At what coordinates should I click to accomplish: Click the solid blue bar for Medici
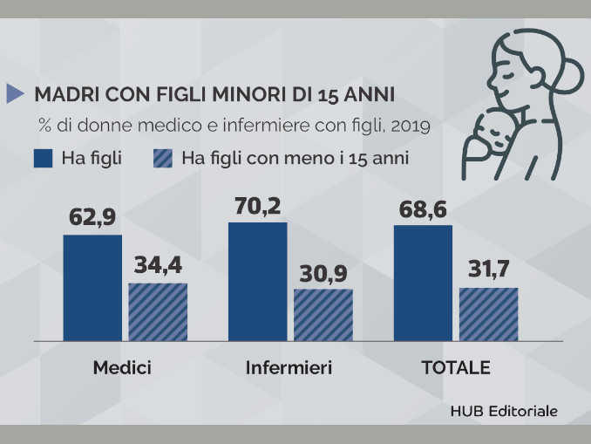92,287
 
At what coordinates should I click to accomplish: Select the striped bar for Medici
158,311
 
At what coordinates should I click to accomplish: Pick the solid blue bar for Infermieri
257,281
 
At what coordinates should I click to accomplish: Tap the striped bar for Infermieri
323,314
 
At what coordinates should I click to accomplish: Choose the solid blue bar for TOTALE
423,283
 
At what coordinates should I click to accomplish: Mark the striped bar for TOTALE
488,313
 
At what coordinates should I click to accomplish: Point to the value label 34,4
158,267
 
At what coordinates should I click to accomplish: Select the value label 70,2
257,207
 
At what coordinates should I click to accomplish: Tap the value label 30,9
323,273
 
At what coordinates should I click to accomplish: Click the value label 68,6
423,210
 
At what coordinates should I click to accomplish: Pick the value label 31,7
488,271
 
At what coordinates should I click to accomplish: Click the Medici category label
122,367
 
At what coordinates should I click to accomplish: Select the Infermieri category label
289,367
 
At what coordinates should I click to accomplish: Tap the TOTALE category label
456,367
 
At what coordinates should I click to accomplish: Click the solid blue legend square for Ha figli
44,159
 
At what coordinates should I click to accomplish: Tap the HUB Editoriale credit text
504,410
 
